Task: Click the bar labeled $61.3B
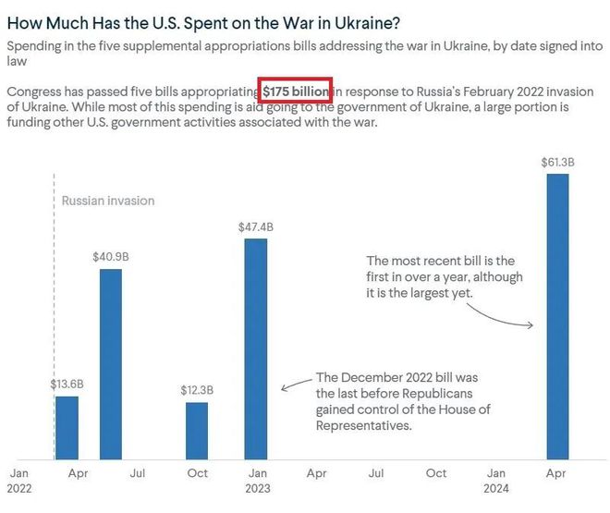[557, 315]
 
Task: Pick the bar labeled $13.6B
[67, 427]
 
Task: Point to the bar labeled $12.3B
[197, 430]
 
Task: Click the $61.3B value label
[558, 163]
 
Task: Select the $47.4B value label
[255, 227]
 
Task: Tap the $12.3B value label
[197, 390]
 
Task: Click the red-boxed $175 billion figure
[295, 92]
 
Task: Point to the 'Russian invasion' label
[108, 201]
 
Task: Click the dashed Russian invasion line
[55, 277]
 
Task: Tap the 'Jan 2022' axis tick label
[19, 480]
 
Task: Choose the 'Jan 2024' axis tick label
[497, 480]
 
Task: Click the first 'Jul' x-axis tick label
[138, 473]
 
